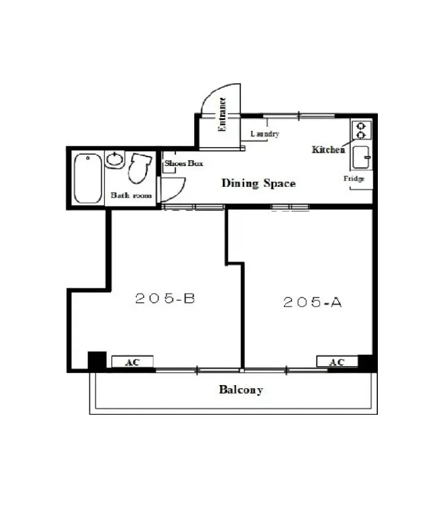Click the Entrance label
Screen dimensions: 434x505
click(x=222, y=114)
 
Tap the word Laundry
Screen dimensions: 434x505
click(x=265, y=134)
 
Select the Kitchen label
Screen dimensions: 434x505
click(x=328, y=150)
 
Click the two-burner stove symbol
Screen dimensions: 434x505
click(x=361, y=130)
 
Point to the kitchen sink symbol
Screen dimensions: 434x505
click(x=361, y=157)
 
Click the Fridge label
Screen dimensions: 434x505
click(x=354, y=179)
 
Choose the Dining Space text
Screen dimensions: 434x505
click(x=259, y=183)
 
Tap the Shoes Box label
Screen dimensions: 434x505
click(x=184, y=163)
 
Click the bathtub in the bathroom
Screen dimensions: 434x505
click(x=88, y=178)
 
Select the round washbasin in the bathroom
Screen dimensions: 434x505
click(x=114, y=160)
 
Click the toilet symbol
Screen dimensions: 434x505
click(x=139, y=168)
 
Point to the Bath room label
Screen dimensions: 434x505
click(x=131, y=195)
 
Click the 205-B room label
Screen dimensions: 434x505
click(x=165, y=298)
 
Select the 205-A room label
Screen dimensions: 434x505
click(x=312, y=302)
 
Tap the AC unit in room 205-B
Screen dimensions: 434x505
click(x=132, y=361)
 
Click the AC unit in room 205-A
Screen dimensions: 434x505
click(x=337, y=361)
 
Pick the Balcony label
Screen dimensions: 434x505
click(x=241, y=389)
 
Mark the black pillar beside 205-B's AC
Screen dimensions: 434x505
click(x=97, y=361)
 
